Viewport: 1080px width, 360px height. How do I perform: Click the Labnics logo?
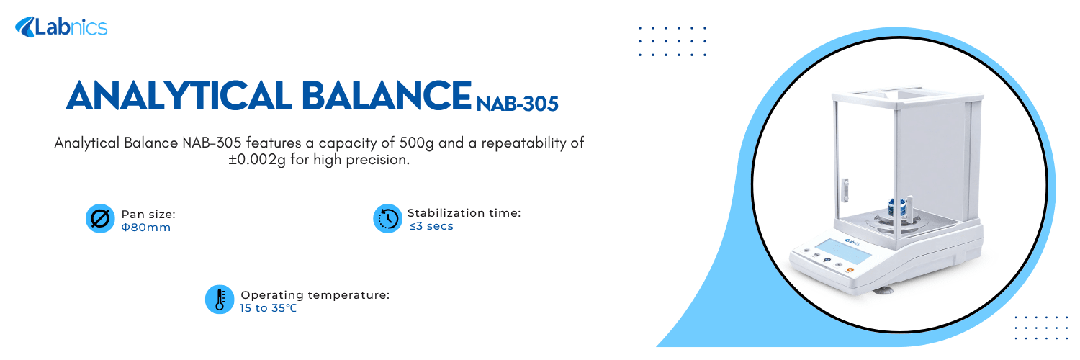point(61,27)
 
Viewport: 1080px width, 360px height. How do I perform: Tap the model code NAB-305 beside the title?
point(517,104)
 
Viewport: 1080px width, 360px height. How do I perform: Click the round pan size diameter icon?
point(100,219)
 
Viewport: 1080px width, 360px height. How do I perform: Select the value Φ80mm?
point(148,228)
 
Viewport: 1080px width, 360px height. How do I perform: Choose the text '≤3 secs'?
point(431,227)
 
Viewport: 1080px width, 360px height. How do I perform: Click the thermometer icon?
point(220,300)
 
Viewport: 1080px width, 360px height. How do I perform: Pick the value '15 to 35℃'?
point(269,308)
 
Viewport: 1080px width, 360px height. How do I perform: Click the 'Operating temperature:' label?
point(315,294)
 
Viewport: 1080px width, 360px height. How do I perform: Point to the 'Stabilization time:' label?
point(464,213)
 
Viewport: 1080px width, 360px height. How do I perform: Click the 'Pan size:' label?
point(148,214)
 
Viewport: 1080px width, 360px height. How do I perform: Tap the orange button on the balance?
point(850,270)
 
